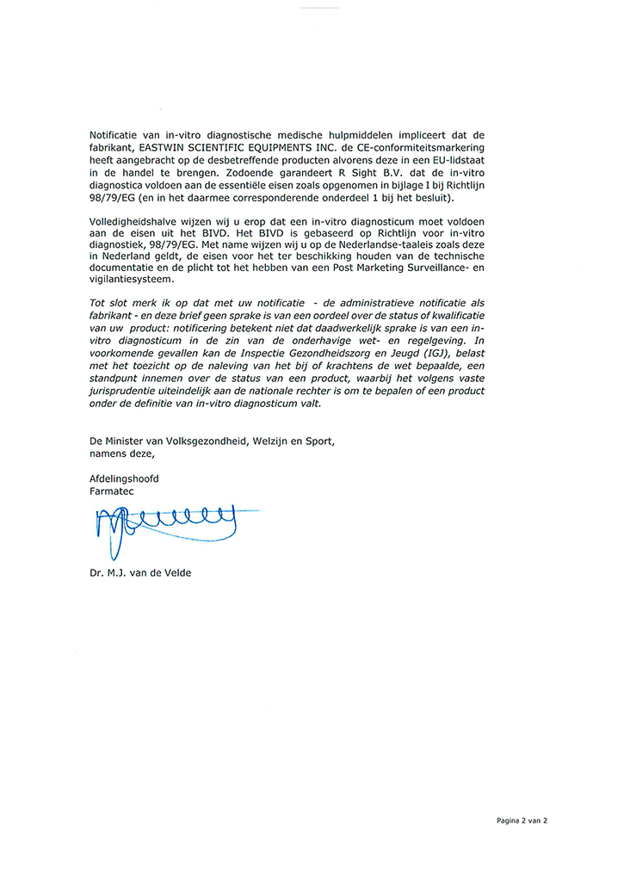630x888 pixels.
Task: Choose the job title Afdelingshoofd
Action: point(124,478)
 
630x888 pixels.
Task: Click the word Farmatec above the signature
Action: point(111,490)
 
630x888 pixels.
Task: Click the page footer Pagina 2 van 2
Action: point(521,820)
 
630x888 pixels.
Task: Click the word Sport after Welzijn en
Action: point(317,441)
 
